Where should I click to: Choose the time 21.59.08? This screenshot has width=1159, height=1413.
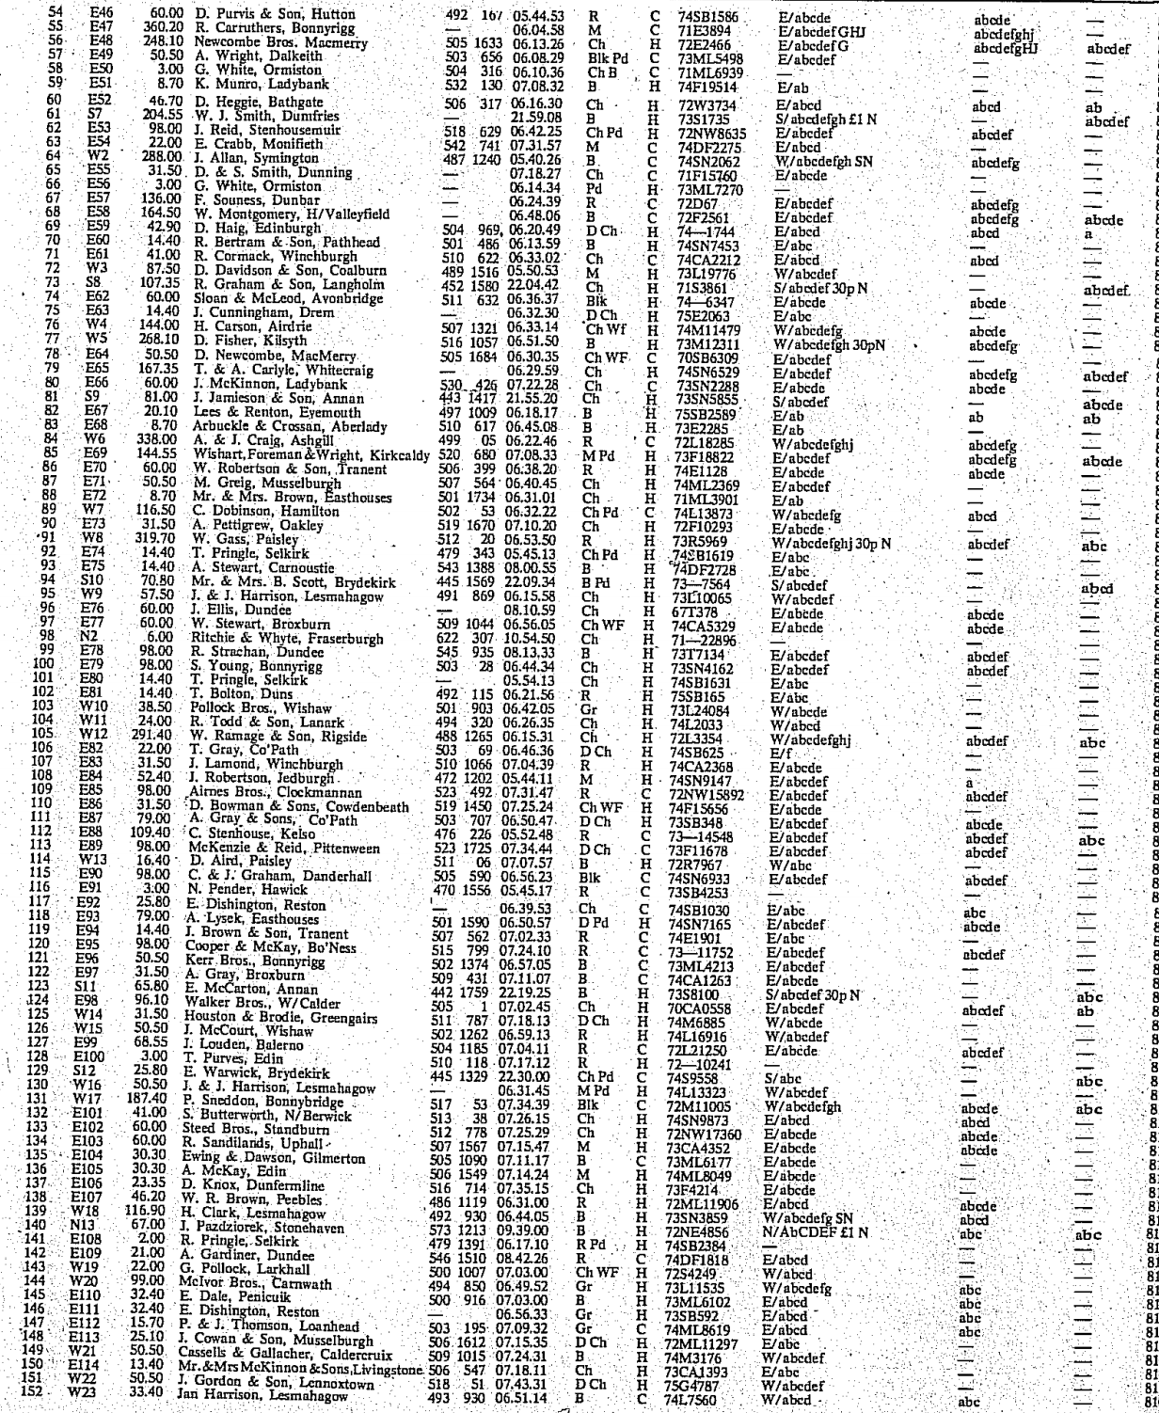[x=539, y=116]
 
